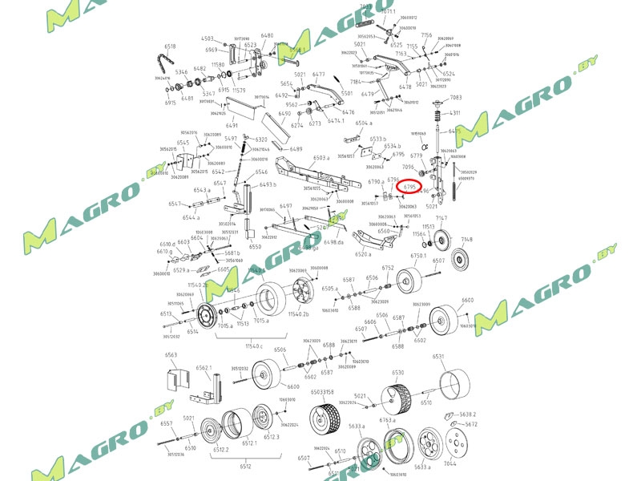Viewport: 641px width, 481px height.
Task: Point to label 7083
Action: click(456, 98)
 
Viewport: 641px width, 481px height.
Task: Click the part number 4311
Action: click(455, 113)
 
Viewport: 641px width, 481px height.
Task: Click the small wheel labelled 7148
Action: click(461, 260)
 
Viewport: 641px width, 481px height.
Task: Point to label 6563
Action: click(171, 354)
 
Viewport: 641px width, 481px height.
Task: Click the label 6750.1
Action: click(418, 256)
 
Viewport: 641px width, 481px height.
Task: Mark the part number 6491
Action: click(232, 126)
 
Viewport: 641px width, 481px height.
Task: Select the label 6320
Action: click(261, 139)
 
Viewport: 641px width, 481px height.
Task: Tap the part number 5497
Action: click(231, 139)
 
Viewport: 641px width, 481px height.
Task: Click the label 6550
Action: click(255, 247)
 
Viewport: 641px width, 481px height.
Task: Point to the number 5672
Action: click(471, 424)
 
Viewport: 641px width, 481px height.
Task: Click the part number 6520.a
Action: click(364, 254)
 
